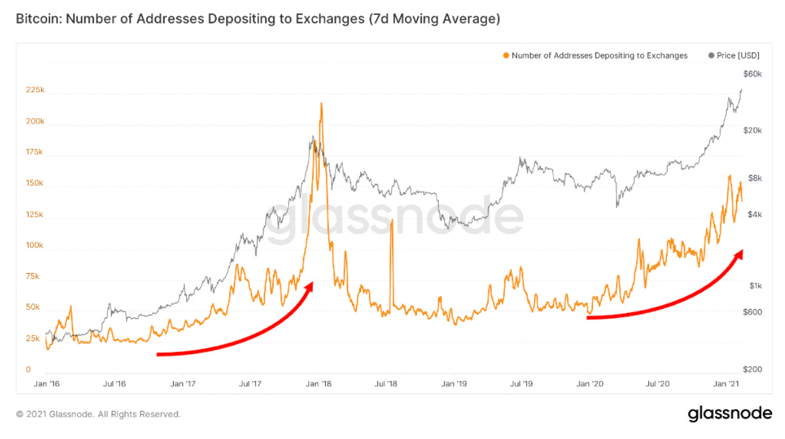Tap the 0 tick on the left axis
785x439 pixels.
[28, 370]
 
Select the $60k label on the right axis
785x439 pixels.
[753, 74]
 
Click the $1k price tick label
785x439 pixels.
[756, 286]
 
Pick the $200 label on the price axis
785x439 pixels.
[753, 370]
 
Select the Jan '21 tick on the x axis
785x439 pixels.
[729, 384]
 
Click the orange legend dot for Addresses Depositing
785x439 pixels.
[506, 56]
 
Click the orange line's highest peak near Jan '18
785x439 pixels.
[321, 103]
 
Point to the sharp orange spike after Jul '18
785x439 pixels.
[391, 221]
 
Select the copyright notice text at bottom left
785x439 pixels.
[98, 414]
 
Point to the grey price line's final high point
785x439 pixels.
[741, 90]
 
